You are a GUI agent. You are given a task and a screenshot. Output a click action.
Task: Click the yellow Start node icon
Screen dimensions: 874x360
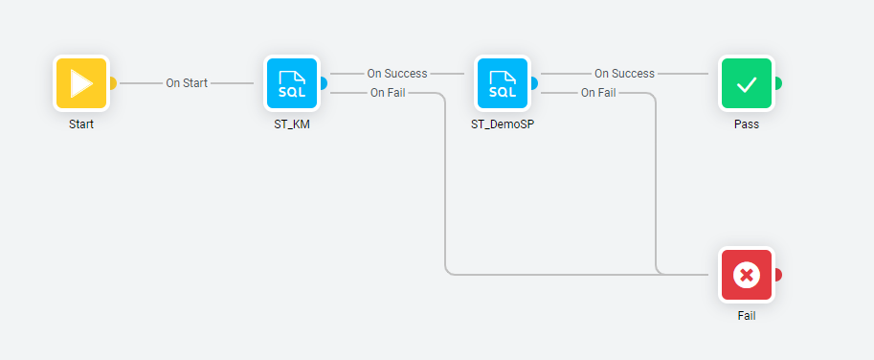(81, 83)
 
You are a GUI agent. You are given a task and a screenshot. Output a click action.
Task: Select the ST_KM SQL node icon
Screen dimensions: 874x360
(292, 83)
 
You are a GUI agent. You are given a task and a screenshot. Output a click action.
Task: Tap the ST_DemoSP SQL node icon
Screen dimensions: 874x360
(503, 83)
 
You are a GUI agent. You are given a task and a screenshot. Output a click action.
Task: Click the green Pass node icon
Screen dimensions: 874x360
(747, 83)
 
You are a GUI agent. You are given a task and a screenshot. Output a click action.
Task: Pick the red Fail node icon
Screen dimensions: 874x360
(747, 275)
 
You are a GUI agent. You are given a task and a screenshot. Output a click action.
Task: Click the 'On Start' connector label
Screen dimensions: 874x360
(187, 83)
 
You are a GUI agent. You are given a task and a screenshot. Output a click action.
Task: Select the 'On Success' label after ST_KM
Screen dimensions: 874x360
(397, 74)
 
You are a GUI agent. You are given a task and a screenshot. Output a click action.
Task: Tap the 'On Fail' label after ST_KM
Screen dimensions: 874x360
(388, 93)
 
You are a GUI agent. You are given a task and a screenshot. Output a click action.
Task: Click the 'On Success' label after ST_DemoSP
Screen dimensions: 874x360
(624, 74)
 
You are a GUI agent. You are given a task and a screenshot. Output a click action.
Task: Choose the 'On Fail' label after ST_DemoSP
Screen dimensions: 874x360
(598, 93)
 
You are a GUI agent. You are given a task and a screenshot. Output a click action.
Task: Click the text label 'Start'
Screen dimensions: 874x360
(81, 124)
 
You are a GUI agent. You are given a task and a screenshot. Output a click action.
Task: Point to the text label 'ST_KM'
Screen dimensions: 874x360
(292, 124)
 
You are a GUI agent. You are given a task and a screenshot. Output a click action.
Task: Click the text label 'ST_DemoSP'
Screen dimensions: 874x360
(503, 124)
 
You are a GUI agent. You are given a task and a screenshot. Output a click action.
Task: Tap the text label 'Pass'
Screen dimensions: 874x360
(747, 124)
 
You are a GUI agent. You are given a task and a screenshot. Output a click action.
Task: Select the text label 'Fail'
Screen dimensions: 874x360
(747, 316)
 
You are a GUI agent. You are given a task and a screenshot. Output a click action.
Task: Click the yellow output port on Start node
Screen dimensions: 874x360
(113, 83)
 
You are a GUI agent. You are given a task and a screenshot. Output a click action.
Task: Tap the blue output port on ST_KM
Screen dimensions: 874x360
(324, 83)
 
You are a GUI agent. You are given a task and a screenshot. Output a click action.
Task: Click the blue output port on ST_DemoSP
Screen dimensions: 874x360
(534, 83)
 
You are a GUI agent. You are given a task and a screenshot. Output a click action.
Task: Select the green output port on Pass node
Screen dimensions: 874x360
(778, 83)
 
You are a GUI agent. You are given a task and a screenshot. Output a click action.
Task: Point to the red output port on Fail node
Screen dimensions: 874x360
(778, 275)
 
